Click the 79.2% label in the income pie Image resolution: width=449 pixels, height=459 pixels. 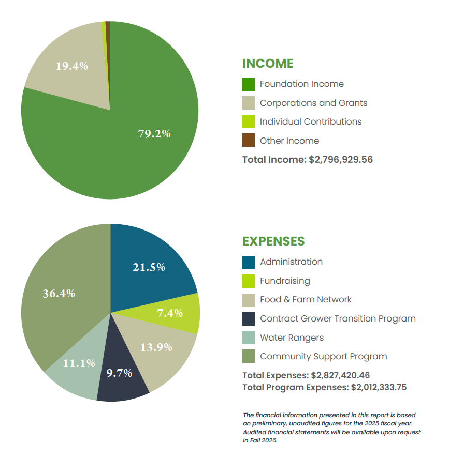tap(154, 133)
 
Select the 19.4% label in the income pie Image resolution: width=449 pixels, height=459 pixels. tap(71, 66)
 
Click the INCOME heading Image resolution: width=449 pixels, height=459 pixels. tap(268, 64)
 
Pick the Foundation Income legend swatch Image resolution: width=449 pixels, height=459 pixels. tap(249, 84)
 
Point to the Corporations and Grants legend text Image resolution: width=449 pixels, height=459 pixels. tap(313, 103)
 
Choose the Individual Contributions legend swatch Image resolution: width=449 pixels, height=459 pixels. tap(249, 121)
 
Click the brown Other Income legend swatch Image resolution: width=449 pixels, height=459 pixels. tap(249, 141)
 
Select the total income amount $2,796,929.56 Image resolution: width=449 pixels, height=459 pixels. tap(341, 160)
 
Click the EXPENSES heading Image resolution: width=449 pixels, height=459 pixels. tap(273, 241)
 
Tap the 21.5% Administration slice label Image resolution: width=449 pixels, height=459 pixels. tap(149, 267)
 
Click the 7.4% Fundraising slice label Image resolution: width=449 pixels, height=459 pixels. tap(170, 313)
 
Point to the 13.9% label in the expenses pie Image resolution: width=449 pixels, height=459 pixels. tap(156, 347)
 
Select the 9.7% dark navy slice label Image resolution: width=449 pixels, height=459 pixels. tap(120, 373)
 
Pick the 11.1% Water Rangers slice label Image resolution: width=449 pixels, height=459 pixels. tap(79, 363)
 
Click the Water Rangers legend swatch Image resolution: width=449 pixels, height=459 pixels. tap(249, 338)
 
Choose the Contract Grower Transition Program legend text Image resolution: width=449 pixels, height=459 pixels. tap(338, 318)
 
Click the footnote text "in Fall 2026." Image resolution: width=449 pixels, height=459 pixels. tap(260, 441)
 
